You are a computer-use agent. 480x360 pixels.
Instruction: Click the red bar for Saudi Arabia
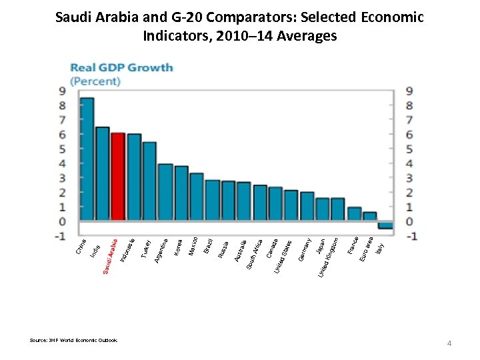[118, 177]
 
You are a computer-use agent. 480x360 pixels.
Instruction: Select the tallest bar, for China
[87, 159]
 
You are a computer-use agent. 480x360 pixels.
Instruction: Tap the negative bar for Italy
[385, 225]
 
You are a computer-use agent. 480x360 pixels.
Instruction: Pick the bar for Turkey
[149, 181]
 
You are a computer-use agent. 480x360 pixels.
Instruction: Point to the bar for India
[102, 173]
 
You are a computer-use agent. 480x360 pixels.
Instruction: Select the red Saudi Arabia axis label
[111, 256]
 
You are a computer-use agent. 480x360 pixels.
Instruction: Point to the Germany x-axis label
[304, 250]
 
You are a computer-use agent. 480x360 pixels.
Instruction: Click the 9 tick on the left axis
[62, 91]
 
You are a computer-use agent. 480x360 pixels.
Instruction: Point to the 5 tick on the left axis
[62, 149]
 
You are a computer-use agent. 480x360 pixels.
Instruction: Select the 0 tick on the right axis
[409, 221]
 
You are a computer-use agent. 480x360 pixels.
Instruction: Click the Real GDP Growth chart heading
[122, 67]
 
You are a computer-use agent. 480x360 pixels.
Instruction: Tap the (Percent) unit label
[95, 81]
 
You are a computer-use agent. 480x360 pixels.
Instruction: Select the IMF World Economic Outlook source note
[73, 340]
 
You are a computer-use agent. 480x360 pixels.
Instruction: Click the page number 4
[449, 343]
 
